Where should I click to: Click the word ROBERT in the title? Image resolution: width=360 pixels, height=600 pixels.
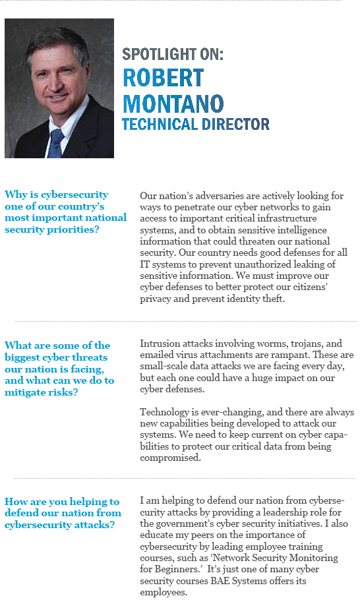(163, 78)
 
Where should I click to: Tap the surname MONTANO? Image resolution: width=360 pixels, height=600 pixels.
(173, 103)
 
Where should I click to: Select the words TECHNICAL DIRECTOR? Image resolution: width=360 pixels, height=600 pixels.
(195, 124)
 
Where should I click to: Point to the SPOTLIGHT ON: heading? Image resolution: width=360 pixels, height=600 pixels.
(173, 55)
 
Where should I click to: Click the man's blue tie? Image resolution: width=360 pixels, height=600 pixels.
(57, 142)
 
